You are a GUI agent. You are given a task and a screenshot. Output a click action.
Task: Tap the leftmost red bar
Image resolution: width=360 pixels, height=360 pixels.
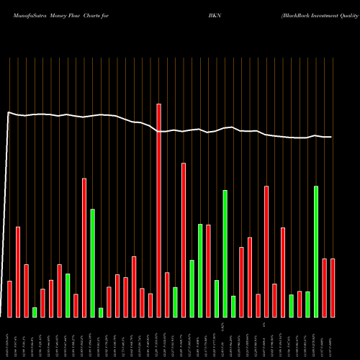coord(9,299)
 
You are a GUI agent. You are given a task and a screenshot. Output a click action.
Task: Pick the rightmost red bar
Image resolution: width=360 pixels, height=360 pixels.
coord(333,287)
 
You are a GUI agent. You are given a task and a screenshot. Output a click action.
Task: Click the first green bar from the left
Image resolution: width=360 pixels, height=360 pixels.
coord(35,312)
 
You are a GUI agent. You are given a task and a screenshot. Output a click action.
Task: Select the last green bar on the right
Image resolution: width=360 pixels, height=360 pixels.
coord(316,251)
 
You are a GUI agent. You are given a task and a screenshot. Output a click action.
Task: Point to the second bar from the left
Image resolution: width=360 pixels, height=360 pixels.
coord(18,271)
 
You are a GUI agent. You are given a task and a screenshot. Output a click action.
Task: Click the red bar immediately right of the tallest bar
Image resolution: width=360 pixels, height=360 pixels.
coord(167,294)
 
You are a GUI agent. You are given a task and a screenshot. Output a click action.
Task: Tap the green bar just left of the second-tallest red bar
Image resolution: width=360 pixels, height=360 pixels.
coord(175,302)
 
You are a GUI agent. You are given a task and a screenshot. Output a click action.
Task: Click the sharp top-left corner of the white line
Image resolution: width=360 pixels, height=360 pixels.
coord(8,112)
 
